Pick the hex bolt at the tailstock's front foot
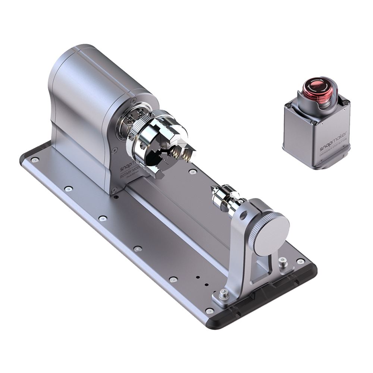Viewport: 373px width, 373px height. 223,294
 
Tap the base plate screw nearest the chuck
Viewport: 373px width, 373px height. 192,172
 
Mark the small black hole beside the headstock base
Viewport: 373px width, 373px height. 116,197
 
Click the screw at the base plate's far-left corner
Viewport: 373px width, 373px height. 34,160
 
